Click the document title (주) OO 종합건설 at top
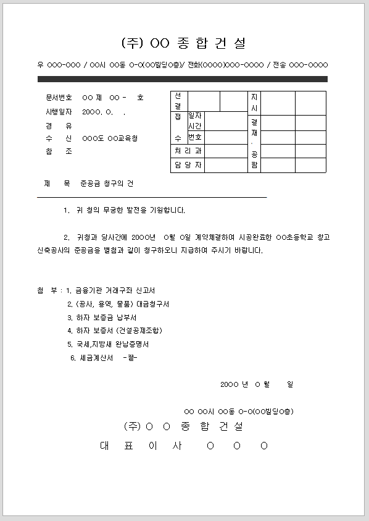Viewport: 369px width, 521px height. coord(184,43)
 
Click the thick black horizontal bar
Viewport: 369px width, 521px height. coord(182,79)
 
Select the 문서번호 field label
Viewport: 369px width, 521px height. coord(59,98)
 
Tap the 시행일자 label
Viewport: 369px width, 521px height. coord(59,112)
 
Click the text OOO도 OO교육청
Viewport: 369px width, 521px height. coord(110,138)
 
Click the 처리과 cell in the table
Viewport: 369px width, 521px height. coord(188,151)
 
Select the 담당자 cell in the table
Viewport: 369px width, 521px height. coord(188,165)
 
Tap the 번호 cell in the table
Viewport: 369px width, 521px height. coord(195,137)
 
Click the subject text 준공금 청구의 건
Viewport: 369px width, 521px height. coord(107,184)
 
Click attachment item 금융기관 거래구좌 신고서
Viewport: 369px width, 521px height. coord(115,290)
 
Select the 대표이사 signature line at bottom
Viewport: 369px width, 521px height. coord(184,446)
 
